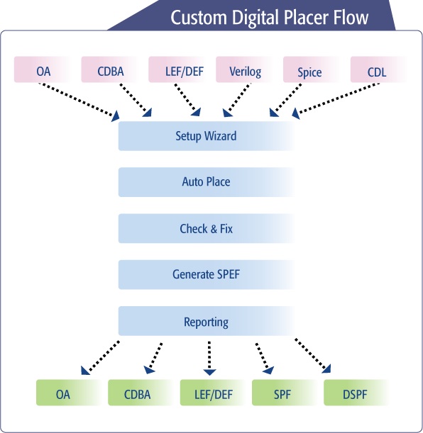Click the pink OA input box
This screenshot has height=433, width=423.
click(43, 69)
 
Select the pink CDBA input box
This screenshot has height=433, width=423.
click(110, 69)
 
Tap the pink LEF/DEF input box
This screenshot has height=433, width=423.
click(177, 69)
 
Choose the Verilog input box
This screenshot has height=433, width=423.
click(245, 69)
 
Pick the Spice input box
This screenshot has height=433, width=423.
click(312, 69)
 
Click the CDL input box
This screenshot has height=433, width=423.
click(379, 69)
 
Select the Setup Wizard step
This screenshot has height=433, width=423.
click(207, 136)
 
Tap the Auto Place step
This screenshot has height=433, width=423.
click(207, 182)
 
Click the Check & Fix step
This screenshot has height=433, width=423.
click(207, 228)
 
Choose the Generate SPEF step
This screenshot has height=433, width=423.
click(207, 274)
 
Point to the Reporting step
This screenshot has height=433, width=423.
click(207, 321)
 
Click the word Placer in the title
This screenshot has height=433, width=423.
click(307, 18)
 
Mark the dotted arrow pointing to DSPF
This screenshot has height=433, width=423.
click(313, 356)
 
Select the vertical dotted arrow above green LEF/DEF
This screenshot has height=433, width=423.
click(209, 359)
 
